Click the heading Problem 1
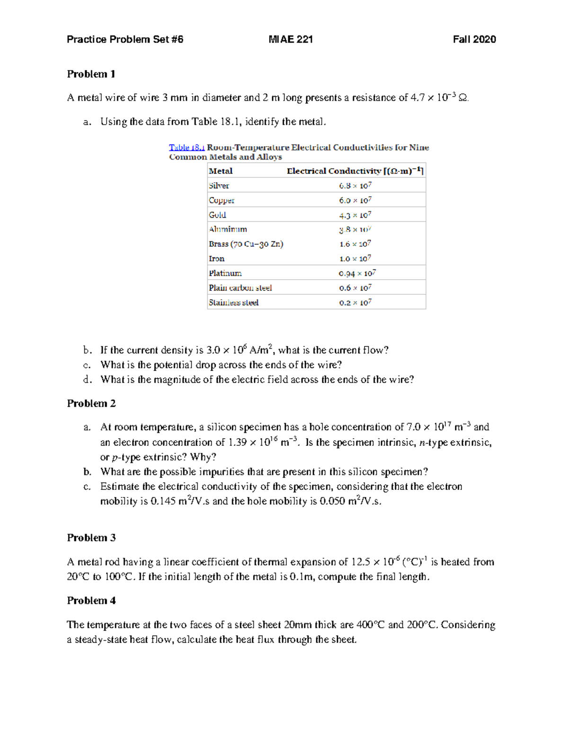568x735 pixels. pyautogui.click(x=91, y=74)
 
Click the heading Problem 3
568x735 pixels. pyautogui.click(x=91, y=538)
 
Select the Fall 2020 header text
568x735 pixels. pyautogui.click(x=474, y=39)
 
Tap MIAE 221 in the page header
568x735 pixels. pyautogui.click(x=290, y=39)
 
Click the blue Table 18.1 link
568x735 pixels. pyautogui.click(x=186, y=147)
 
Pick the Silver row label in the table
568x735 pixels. pyautogui.click(x=219, y=186)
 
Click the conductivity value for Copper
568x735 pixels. pyautogui.click(x=355, y=200)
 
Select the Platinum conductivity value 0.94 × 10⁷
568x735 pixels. pyautogui.click(x=357, y=273)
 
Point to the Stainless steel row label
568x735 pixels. pyautogui.click(x=233, y=302)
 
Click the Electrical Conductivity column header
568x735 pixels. pyautogui.click(x=355, y=171)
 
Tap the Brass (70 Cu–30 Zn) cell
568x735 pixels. pyautogui.click(x=246, y=244)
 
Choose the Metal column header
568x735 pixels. pyautogui.click(x=221, y=171)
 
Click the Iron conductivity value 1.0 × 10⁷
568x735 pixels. pyautogui.click(x=355, y=258)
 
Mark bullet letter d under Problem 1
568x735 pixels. pyautogui.click(x=86, y=379)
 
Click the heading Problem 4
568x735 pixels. pyautogui.click(x=91, y=601)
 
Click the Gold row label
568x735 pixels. pyautogui.click(x=217, y=215)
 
